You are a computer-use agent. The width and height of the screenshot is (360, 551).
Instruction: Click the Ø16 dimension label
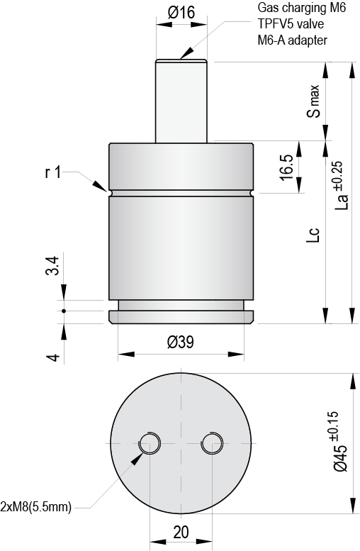181,13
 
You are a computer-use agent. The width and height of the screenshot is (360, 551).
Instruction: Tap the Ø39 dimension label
181,342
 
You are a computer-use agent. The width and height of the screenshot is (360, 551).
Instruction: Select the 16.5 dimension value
287,167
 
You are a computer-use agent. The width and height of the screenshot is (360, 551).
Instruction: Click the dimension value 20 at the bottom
181,532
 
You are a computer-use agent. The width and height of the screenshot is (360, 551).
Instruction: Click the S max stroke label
313,101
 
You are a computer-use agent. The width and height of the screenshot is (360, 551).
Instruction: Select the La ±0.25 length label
340,186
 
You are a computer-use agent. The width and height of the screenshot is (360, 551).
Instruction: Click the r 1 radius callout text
53,172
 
